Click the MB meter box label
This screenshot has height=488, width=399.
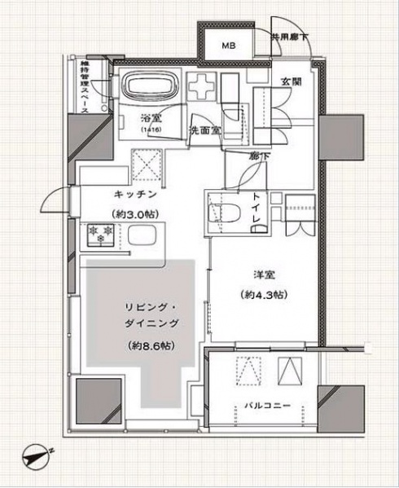pos(227,46)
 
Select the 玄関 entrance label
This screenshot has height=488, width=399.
pos(292,82)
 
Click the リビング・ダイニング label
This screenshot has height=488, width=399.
pos(153,314)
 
